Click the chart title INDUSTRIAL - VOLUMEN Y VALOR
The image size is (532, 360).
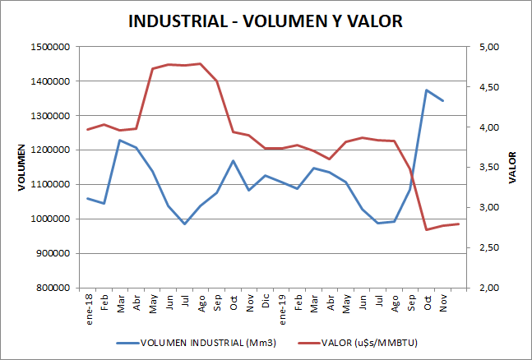pos(266,21)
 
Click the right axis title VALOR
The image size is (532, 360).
pos(512,168)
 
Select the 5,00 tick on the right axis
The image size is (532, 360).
pos(488,47)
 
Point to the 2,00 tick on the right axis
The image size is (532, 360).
pos(488,288)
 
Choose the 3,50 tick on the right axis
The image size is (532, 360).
pos(488,168)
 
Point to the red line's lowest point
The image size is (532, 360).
pos(426,229)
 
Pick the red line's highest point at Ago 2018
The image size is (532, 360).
pos(201,63)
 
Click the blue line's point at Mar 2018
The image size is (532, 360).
pos(120,140)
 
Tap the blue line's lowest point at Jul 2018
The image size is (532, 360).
pos(185,224)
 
